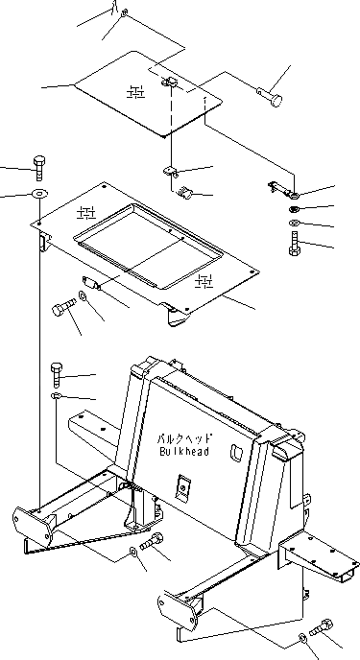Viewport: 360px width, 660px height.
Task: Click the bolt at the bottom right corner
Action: [323, 629]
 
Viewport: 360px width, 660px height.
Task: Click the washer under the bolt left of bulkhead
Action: [57, 395]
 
